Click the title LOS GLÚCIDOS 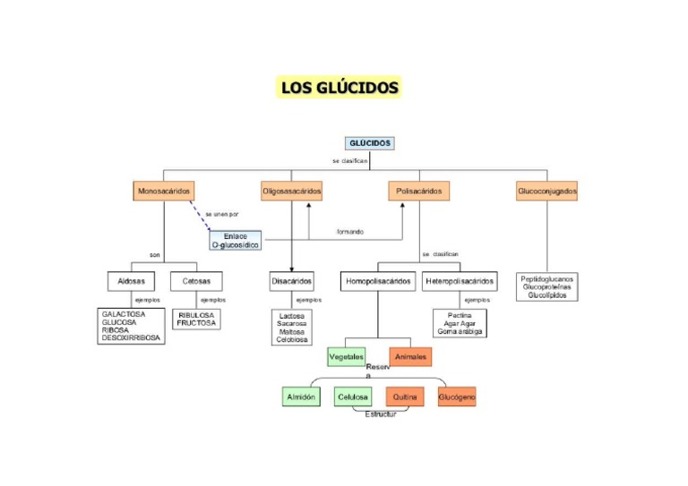340,87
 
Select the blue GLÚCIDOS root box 369,143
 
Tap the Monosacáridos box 164,192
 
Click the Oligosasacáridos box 291,192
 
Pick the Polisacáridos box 418,192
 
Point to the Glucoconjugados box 546,192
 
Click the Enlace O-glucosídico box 236,240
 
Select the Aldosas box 131,281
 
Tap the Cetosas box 196,281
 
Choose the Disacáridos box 291,281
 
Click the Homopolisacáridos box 378,281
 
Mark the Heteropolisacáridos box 460,281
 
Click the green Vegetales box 347,356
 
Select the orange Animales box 410,356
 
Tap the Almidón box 299,396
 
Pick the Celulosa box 352,396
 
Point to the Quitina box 405,396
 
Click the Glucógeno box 457,396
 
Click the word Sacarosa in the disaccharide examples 292,324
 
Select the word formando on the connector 350,232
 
